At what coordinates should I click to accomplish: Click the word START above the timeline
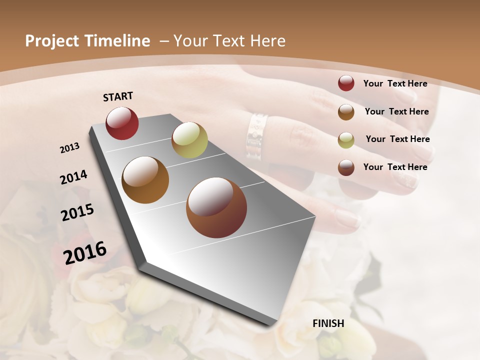(118, 96)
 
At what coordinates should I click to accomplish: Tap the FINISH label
(328, 323)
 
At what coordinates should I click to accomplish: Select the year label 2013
(70, 148)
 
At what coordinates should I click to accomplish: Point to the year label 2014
(73, 177)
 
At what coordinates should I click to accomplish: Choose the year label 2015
(77, 212)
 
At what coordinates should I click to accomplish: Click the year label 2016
(85, 253)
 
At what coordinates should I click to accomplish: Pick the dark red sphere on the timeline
(122, 123)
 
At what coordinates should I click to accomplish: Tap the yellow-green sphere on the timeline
(189, 140)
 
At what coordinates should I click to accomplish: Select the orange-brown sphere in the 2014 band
(145, 180)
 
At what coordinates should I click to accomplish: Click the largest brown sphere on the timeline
(216, 207)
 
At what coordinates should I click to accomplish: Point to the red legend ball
(346, 83)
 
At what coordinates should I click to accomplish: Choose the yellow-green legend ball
(346, 140)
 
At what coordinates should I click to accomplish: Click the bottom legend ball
(346, 168)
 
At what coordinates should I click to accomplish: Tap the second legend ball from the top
(346, 112)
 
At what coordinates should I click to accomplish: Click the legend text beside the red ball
(395, 83)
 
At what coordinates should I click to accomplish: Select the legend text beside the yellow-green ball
(398, 139)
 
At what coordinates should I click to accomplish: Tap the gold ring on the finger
(256, 136)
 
